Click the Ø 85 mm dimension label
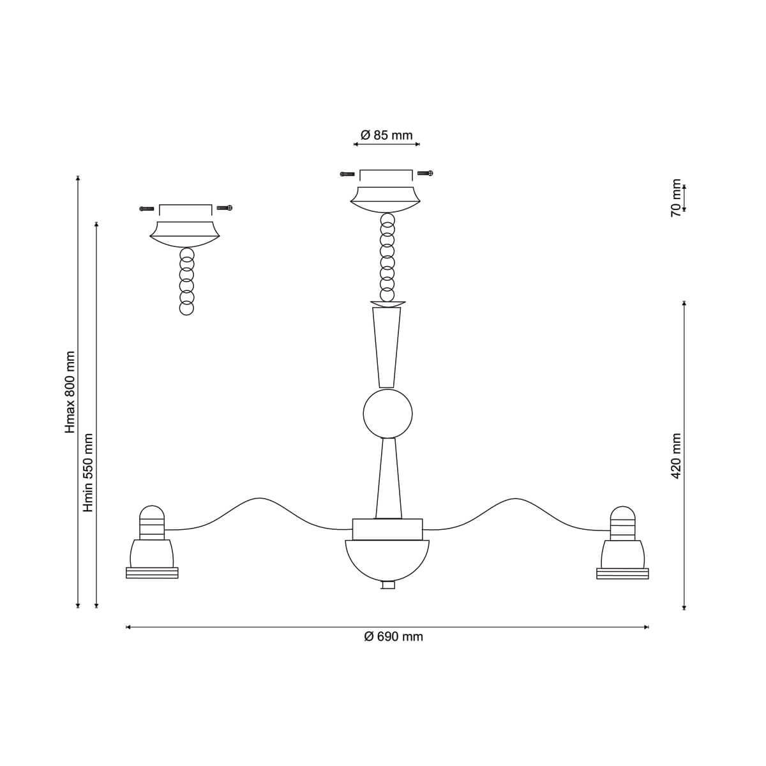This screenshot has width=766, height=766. point(386,135)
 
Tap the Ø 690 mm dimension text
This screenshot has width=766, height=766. point(394,637)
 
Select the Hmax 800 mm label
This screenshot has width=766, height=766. point(70,392)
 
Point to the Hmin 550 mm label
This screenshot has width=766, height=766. point(88,472)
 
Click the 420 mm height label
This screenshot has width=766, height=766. point(676,456)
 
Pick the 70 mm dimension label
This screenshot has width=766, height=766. point(676,198)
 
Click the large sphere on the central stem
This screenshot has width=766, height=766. point(387,414)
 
